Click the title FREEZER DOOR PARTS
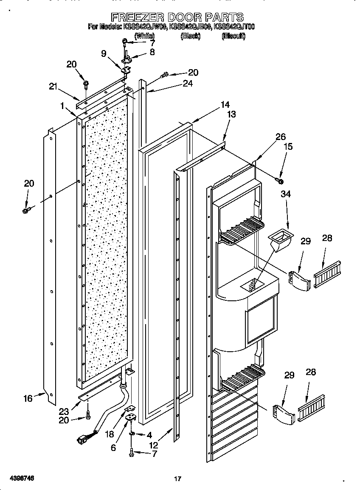177,17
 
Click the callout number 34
287,194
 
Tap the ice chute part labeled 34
280,240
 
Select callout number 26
281,137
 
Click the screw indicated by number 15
280,181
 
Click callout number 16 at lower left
28,398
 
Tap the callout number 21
53,87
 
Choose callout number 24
187,84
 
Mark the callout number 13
231,114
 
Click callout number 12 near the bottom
154,445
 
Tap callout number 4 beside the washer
149,435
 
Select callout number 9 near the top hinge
104,53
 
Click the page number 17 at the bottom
177,479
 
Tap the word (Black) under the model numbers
190,36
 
